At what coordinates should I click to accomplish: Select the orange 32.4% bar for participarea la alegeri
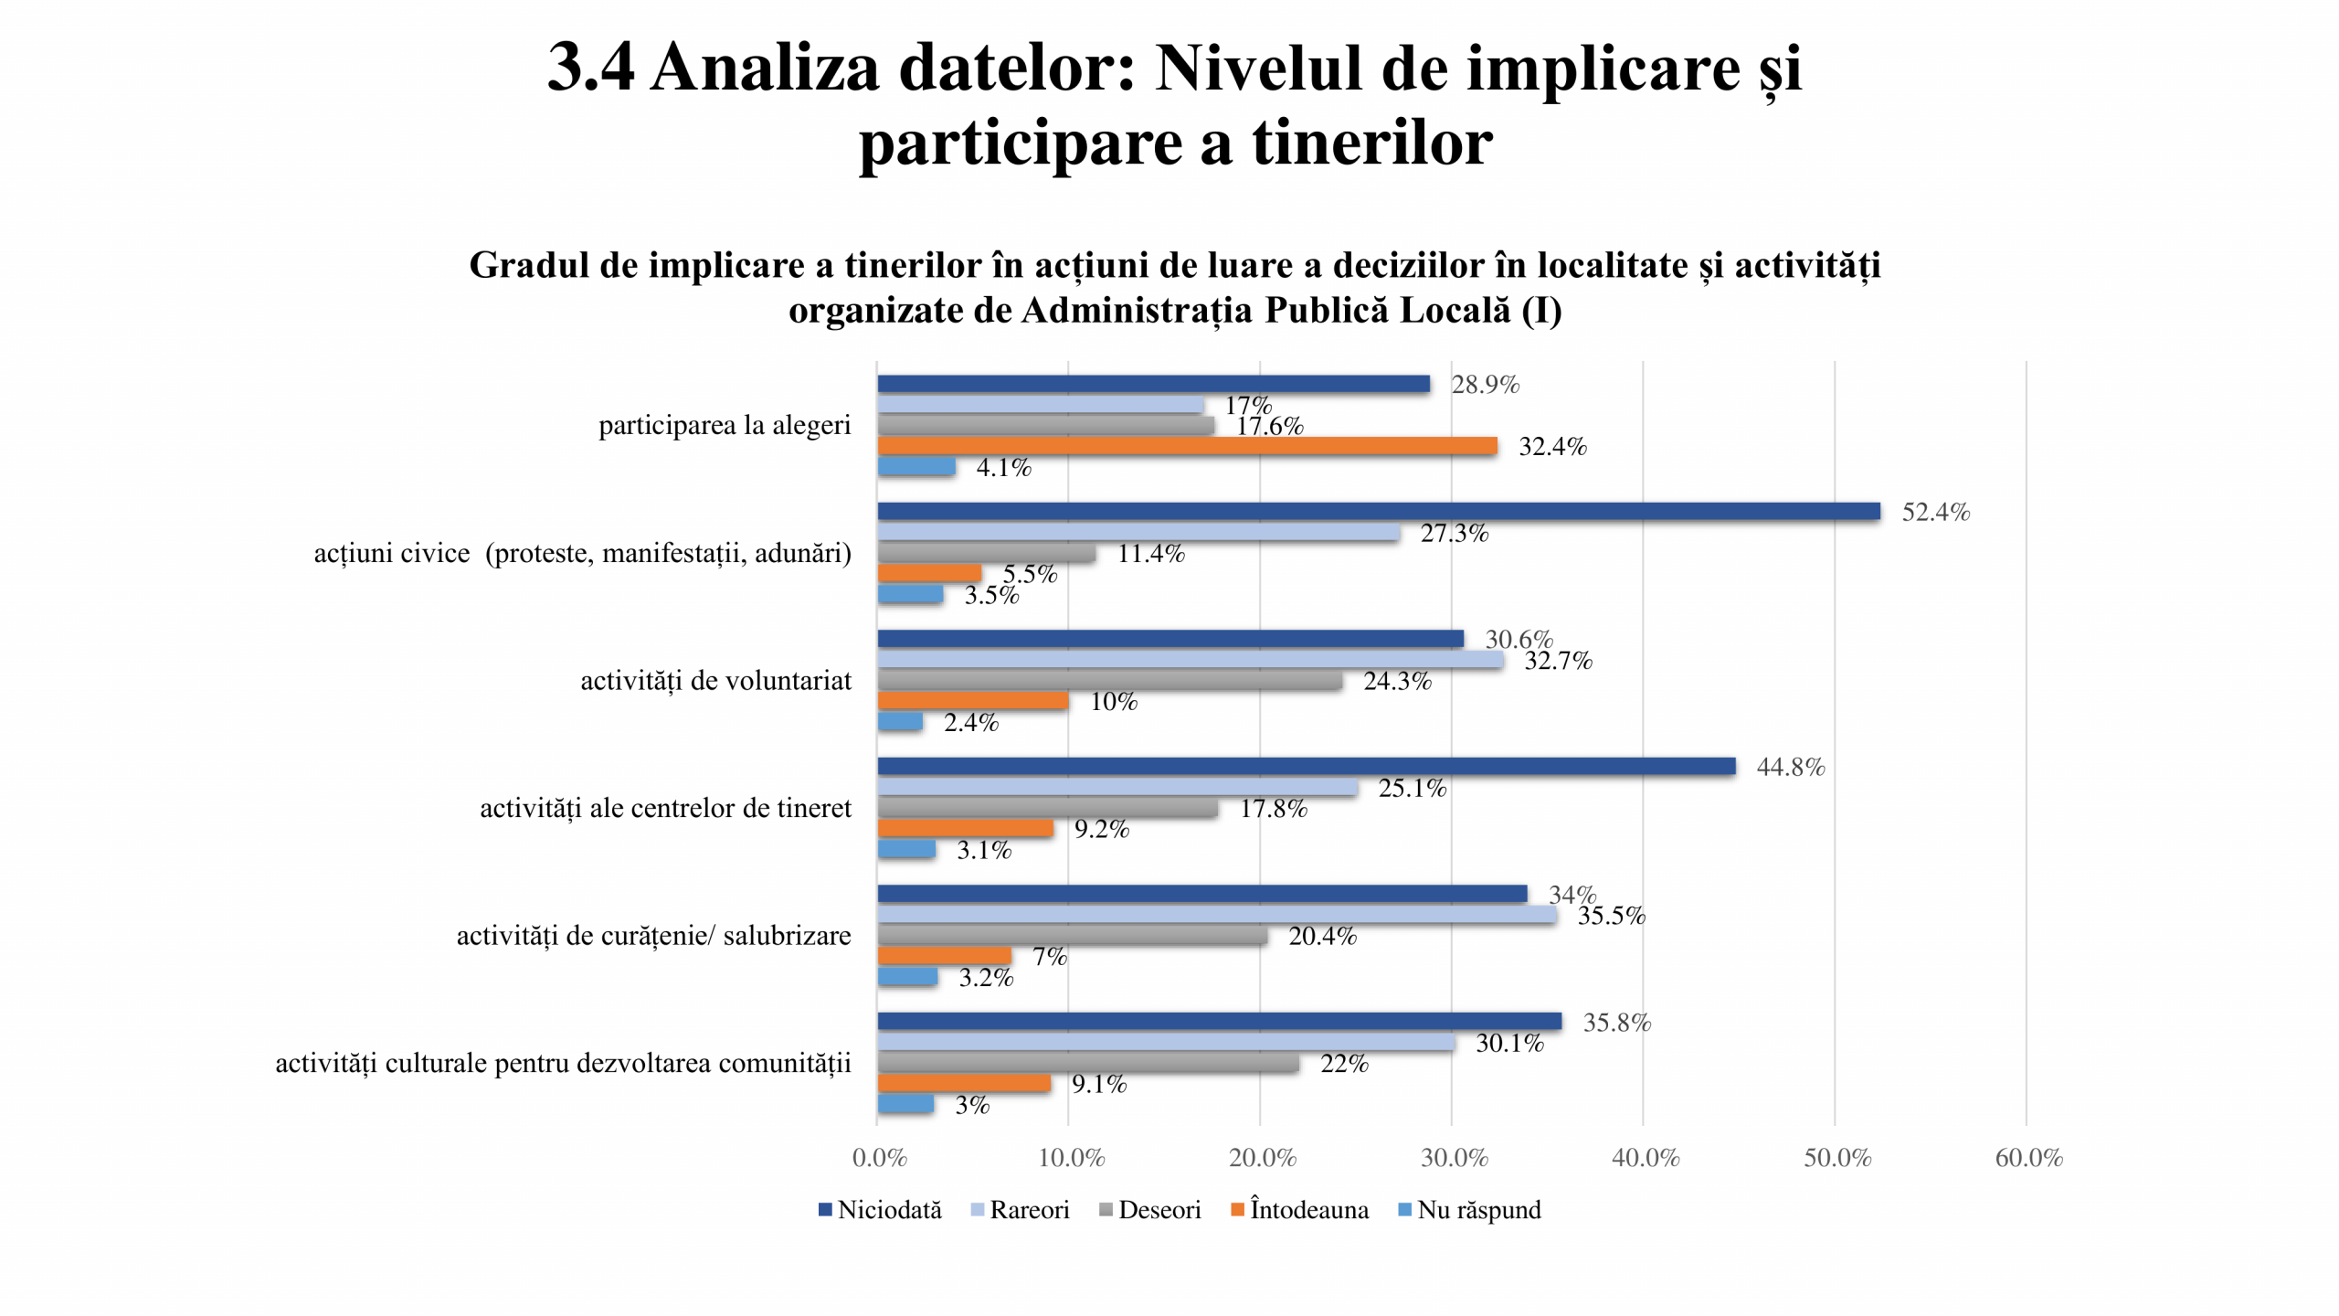click(1187, 446)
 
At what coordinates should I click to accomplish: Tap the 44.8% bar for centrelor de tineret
click(1306, 767)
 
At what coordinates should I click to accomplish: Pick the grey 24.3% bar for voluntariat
click(1109, 681)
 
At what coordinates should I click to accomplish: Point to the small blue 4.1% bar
click(916, 467)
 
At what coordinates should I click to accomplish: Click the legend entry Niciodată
click(880, 1210)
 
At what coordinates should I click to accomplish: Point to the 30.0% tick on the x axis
click(1454, 1158)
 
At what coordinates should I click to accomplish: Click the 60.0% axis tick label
click(2028, 1158)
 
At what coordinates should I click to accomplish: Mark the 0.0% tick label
click(879, 1158)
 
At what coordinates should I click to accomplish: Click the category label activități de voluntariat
click(715, 681)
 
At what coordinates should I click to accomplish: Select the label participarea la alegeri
click(725, 425)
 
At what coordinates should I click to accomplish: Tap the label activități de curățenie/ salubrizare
click(653, 936)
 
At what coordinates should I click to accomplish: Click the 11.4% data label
click(1150, 553)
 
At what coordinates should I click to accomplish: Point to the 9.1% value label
click(1098, 1084)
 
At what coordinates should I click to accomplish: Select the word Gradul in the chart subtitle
click(528, 265)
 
